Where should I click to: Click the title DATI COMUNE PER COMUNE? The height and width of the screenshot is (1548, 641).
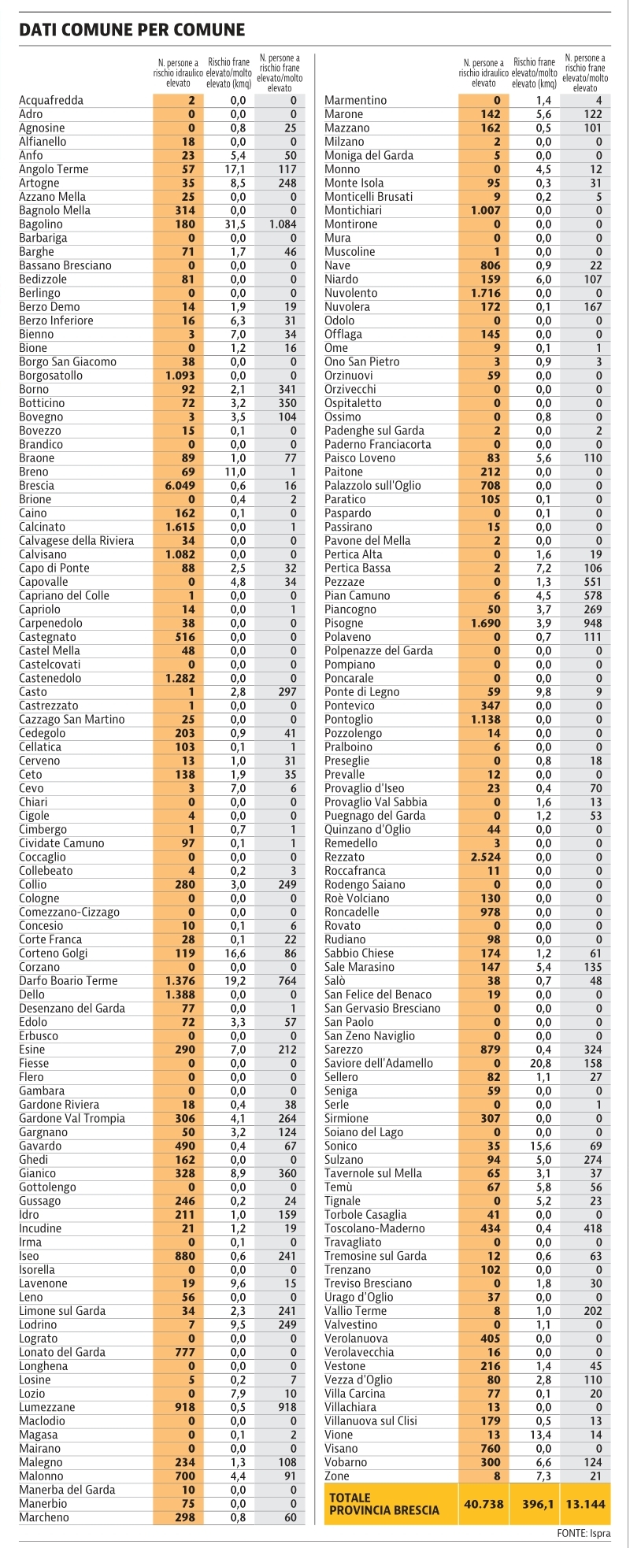pyautogui.click(x=132, y=30)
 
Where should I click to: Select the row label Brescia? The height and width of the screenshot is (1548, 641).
pyautogui.click(x=36, y=486)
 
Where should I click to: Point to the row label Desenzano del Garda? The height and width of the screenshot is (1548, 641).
pyautogui.click(x=69, y=1009)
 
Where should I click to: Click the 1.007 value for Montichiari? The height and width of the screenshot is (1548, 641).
pyautogui.click(x=485, y=211)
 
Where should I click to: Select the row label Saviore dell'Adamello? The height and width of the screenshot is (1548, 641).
pyautogui.click(x=379, y=1064)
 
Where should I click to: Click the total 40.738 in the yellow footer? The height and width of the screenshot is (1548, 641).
pyautogui.click(x=484, y=1504)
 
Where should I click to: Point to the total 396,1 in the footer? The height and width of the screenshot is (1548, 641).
pyautogui.click(x=539, y=1504)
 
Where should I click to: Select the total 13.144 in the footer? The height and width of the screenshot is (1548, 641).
pyautogui.click(x=586, y=1504)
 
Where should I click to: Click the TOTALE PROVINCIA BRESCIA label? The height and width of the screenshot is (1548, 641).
pyautogui.click(x=384, y=1504)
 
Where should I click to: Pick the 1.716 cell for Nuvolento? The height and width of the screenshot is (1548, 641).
pyautogui.click(x=485, y=293)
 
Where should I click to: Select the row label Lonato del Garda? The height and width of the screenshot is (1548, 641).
pyautogui.click(x=62, y=1353)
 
